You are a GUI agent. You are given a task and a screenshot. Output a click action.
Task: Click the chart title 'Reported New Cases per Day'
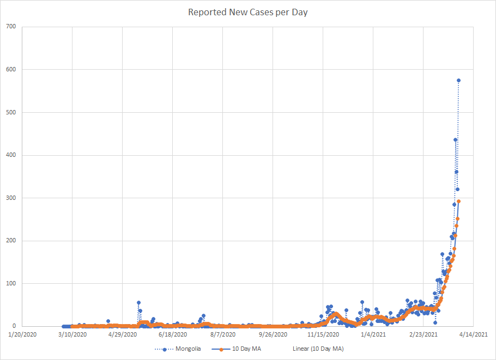[248, 12]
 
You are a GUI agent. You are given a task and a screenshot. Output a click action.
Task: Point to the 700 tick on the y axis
[11, 27]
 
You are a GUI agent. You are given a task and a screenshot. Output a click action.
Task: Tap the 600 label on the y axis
[11, 70]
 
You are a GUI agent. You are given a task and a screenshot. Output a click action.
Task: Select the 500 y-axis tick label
[11, 112]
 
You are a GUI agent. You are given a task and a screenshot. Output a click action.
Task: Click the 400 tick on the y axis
[11, 155]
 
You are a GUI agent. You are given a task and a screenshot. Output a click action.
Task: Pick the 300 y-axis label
[11, 198]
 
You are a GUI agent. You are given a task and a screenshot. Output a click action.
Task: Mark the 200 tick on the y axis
[11, 241]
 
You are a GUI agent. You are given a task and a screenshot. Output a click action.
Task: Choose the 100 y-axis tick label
[11, 283]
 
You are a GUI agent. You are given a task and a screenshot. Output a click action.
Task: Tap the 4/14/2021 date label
[473, 335]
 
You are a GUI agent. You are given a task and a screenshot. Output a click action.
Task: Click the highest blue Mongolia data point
[459, 81]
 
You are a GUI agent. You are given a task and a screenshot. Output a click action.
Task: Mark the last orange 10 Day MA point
[459, 202]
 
